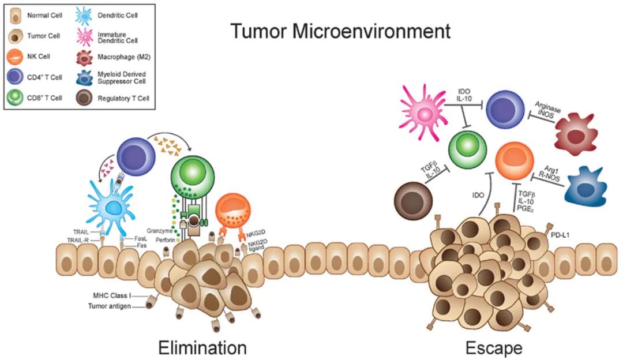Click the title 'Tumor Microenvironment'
click(x=340, y=31)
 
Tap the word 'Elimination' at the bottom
click(x=202, y=348)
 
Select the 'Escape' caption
click(x=494, y=348)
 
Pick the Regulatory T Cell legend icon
click(x=84, y=97)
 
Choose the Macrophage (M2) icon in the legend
click(x=84, y=57)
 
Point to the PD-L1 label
click(x=560, y=235)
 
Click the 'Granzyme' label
click(x=160, y=230)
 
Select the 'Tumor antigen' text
click(x=109, y=306)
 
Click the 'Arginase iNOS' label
click(x=546, y=110)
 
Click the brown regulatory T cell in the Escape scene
click(x=413, y=201)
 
